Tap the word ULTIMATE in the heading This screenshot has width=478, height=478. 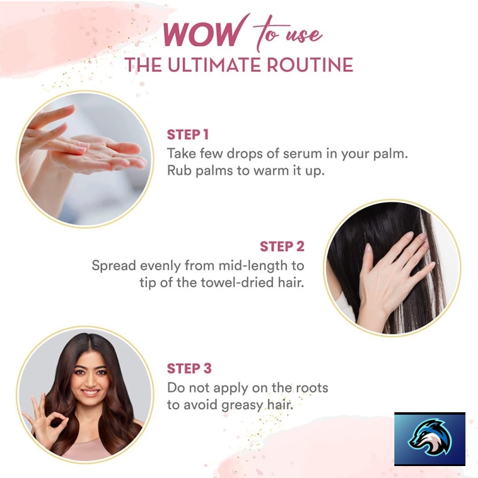point(214,65)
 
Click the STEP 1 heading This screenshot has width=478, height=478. point(188,134)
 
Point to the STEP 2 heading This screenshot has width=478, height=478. point(282,246)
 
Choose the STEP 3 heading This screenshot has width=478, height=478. point(189,368)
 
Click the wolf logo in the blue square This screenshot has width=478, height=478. point(430,438)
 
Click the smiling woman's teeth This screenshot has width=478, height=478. point(90,392)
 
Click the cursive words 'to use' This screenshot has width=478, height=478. point(287,35)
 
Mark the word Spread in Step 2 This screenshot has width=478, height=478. point(114,266)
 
